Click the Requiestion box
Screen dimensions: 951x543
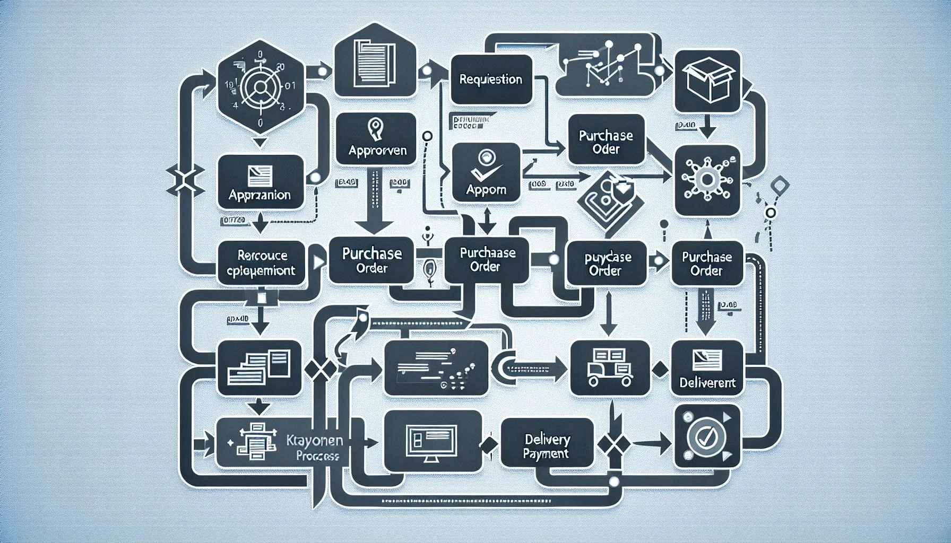(491, 80)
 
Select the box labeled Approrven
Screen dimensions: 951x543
(376, 139)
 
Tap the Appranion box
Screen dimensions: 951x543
(260, 181)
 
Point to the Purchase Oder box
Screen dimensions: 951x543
(606, 142)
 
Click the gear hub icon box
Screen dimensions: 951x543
(707, 180)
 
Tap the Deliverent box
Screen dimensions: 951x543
(707, 368)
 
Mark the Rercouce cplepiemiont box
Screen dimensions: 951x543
(262, 263)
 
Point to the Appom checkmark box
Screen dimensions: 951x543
(486, 172)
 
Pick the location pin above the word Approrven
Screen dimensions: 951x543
(375, 129)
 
